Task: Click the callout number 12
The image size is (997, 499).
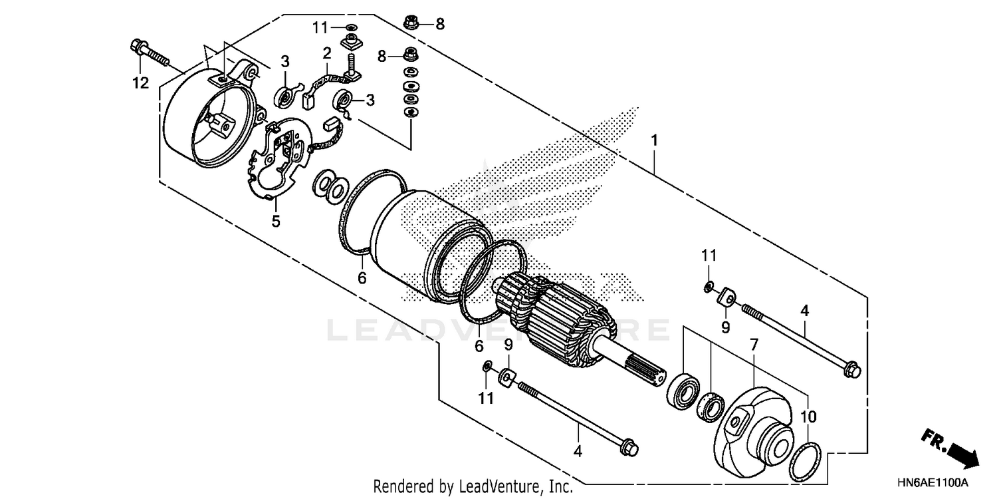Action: pyautogui.click(x=140, y=83)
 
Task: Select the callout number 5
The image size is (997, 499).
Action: pyautogui.click(x=276, y=221)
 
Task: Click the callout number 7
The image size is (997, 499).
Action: pyautogui.click(x=754, y=344)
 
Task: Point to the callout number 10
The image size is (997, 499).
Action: pyautogui.click(x=807, y=417)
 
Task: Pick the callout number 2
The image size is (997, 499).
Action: pyautogui.click(x=327, y=53)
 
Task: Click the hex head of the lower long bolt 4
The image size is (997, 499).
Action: pyautogui.click(x=627, y=448)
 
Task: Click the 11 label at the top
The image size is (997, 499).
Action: pyautogui.click(x=321, y=27)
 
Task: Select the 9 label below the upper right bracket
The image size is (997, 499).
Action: pyautogui.click(x=726, y=327)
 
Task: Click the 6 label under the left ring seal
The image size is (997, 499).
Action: pyautogui.click(x=362, y=278)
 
